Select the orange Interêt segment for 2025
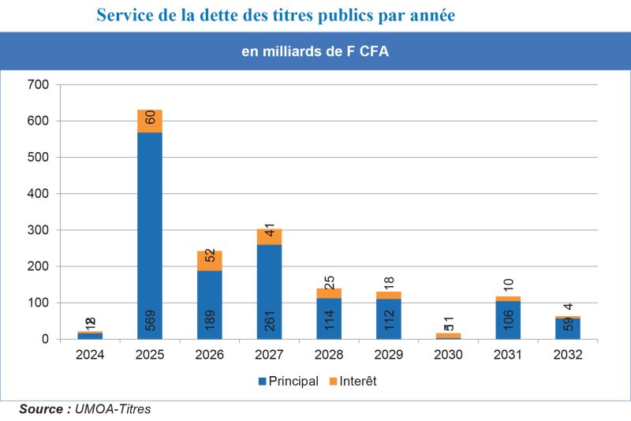point(150,121)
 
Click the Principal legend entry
point(287,382)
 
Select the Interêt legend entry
point(354,382)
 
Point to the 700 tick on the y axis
point(39,84)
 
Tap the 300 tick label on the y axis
point(39,230)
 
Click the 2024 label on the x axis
point(90,356)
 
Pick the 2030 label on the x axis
point(448,356)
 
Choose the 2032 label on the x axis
point(568,356)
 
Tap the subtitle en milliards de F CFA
point(315,52)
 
